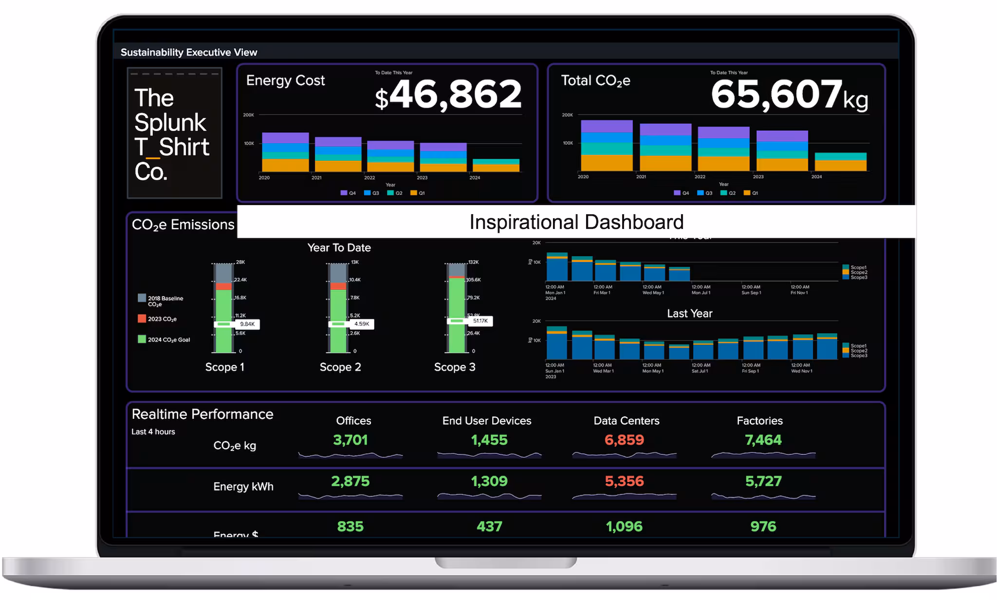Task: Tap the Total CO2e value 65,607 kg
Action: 789,94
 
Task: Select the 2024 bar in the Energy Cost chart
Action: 496,166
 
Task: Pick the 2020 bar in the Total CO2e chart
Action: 607,146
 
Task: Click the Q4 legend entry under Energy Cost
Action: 348,193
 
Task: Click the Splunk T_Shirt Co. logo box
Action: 174,133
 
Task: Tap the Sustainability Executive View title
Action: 189,53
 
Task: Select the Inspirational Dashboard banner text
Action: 576,222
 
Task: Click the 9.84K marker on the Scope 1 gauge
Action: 247,324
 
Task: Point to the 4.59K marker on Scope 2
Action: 362,324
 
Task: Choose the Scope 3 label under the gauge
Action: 455,367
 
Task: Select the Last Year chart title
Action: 689,314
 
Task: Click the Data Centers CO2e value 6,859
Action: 624,440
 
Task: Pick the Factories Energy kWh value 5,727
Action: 763,482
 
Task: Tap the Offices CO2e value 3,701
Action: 351,440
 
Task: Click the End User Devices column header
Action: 487,421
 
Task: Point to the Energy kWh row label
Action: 243,487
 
